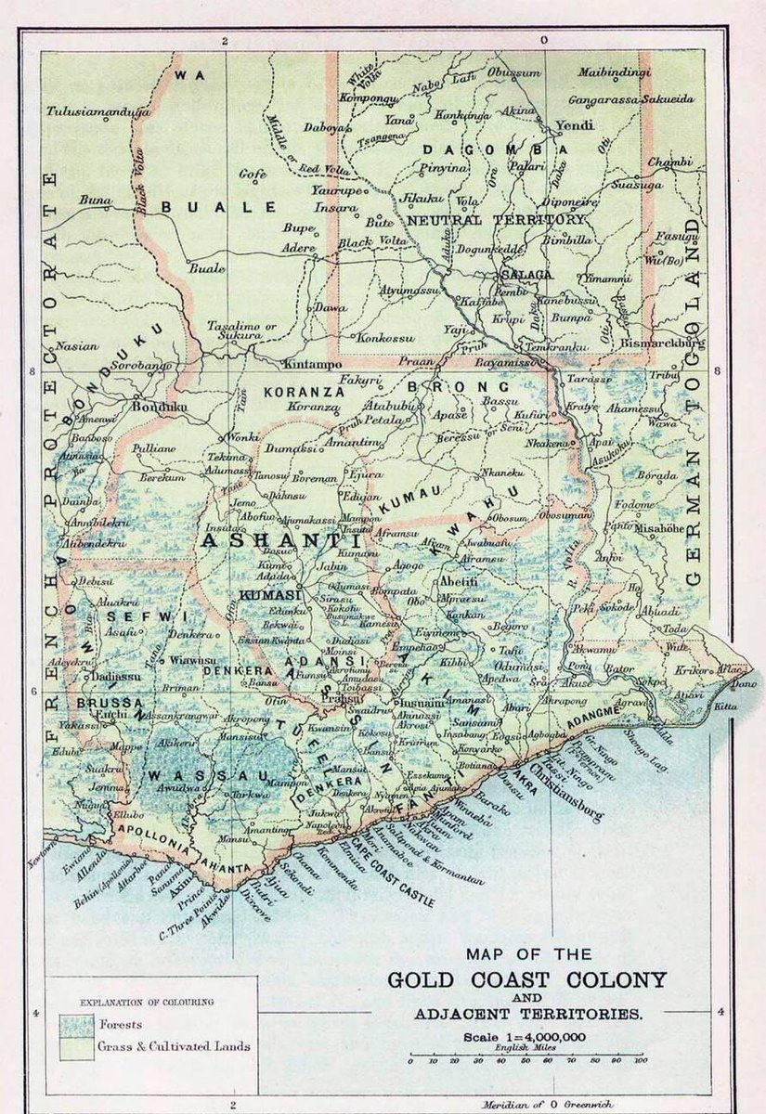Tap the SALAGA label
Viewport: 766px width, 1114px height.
coord(526,275)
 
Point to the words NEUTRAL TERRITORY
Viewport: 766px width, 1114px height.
coord(496,220)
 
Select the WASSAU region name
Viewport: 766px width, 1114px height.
coord(197,775)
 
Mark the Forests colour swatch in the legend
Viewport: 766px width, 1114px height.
coord(75,1024)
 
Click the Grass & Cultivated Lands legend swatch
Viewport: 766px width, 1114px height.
coord(75,1046)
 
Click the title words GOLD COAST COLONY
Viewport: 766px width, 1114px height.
coord(526,980)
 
